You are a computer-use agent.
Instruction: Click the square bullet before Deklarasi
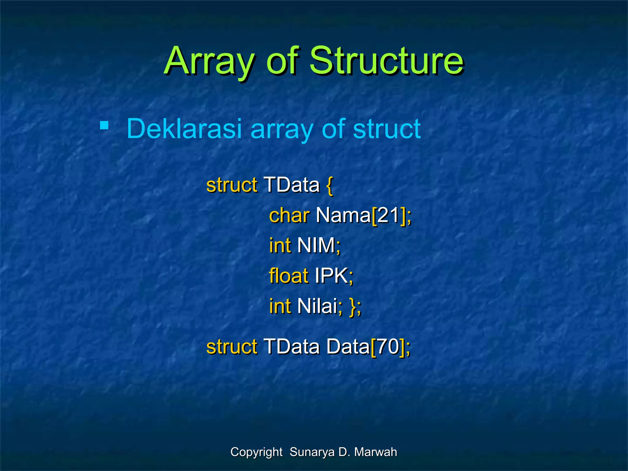click(104, 125)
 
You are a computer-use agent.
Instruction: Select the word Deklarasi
click(184, 129)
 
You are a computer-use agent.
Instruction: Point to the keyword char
click(289, 215)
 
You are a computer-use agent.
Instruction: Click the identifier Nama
click(343, 215)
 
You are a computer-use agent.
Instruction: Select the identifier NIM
click(316, 246)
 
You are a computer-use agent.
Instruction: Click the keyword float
click(288, 276)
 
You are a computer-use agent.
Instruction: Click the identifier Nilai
click(317, 306)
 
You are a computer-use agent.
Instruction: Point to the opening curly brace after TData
click(329, 186)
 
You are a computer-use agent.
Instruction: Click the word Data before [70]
click(348, 347)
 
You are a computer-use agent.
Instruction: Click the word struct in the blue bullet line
click(386, 129)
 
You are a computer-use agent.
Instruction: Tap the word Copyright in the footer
click(256, 452)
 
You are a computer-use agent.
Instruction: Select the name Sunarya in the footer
click(312, 452)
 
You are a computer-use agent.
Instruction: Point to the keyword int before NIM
click(280, 246)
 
